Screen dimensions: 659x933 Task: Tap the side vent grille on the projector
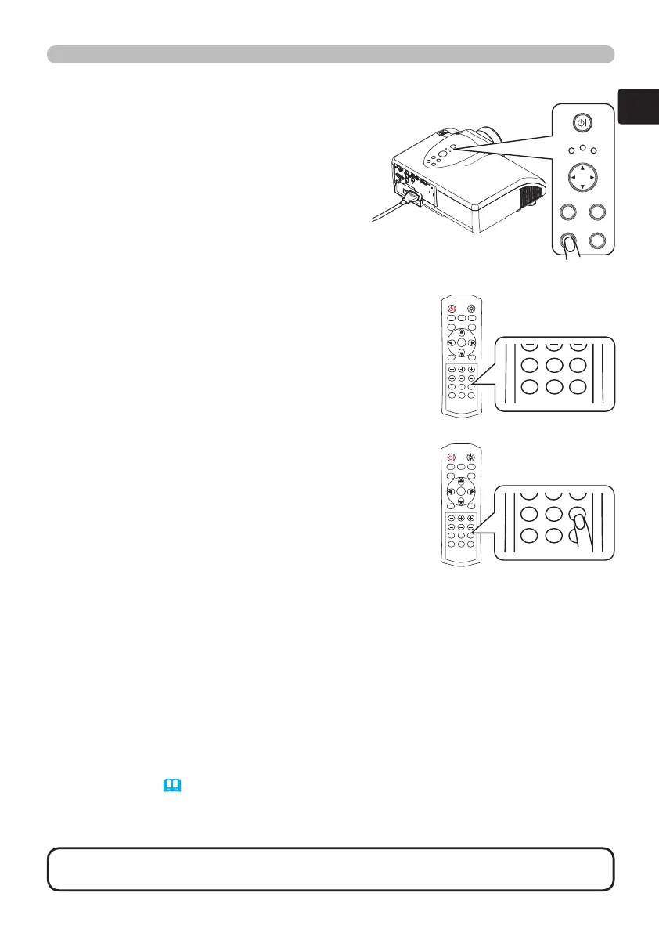pyautogui.click(x=530, y=196)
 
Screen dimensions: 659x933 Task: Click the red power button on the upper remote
pyautogui.click(x=452, y=309)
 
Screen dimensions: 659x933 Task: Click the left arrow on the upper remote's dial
pyautogui.click(x=451, y=342)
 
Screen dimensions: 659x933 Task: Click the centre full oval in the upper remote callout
pyautogui.click(x=555, y=366)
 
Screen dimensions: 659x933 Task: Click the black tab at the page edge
pyautogui.click(x=637, y=105)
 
